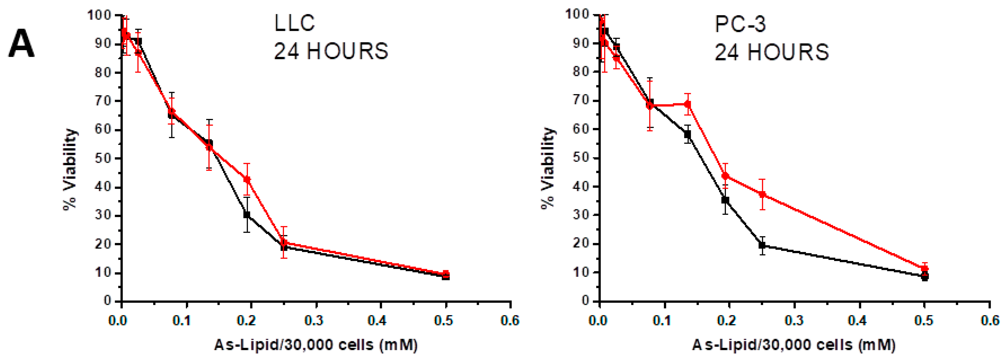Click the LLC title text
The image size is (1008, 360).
[294, 23]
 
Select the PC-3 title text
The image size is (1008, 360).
[740, 24]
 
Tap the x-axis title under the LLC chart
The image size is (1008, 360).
[316, 345]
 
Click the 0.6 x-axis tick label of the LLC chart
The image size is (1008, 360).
[510, 321]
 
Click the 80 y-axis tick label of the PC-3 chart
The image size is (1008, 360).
[581, 72]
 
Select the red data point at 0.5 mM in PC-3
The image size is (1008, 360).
[925, 269]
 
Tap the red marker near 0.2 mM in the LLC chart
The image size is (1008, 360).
[247, 180]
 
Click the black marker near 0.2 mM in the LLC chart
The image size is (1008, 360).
[247, 214]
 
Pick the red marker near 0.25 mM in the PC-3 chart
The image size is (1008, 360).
[762, 194]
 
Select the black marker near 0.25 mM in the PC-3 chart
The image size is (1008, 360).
[762, 245]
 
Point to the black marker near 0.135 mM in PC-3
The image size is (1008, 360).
[688, 134]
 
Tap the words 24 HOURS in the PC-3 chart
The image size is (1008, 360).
[772, 52]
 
